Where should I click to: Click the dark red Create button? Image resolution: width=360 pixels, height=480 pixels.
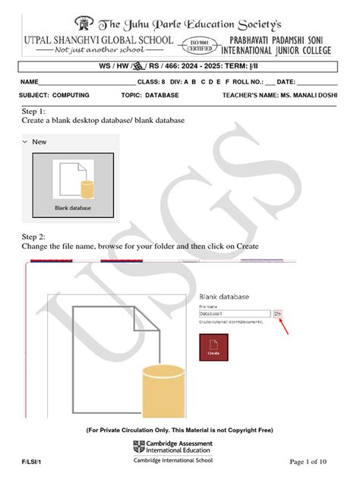coord(213,346)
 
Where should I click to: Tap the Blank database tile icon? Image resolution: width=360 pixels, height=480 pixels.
coord(73,182)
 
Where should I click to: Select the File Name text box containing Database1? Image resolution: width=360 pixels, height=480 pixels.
coord(234,313)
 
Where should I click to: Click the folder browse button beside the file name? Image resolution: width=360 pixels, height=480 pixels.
coord(278,313)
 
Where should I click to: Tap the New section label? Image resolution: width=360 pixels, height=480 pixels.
coord(39,141)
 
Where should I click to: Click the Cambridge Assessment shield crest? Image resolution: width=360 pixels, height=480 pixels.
coord(138,446)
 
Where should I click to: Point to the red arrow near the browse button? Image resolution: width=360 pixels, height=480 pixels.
coord(285,328)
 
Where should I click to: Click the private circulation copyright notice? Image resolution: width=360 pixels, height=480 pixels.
coord(179,430)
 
